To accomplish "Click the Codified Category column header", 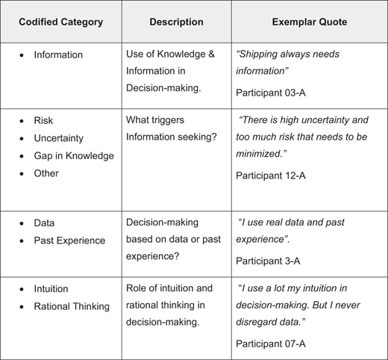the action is click(61, 22).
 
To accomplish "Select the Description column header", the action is click(176, 22).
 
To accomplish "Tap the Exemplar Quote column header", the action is click(310, 22).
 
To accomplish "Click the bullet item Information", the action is click(58, 55).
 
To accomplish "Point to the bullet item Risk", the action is click(43, 120).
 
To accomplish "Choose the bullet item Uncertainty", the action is click(59, 138).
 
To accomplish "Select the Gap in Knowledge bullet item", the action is click(74, 156).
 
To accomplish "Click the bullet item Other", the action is click(46, 173).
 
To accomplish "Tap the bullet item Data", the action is click(44, 223).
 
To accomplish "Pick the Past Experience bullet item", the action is click(69, 240).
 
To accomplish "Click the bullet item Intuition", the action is click(51, 289).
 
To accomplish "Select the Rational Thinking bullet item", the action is click(72, 306).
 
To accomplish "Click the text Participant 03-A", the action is click(271, 93).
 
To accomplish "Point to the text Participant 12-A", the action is click(271, 176).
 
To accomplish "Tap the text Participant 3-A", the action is click(268, 261).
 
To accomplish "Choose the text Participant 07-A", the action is click(271, 344).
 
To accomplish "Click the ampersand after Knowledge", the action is click(211, 54).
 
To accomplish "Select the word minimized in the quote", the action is click(261, 154).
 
